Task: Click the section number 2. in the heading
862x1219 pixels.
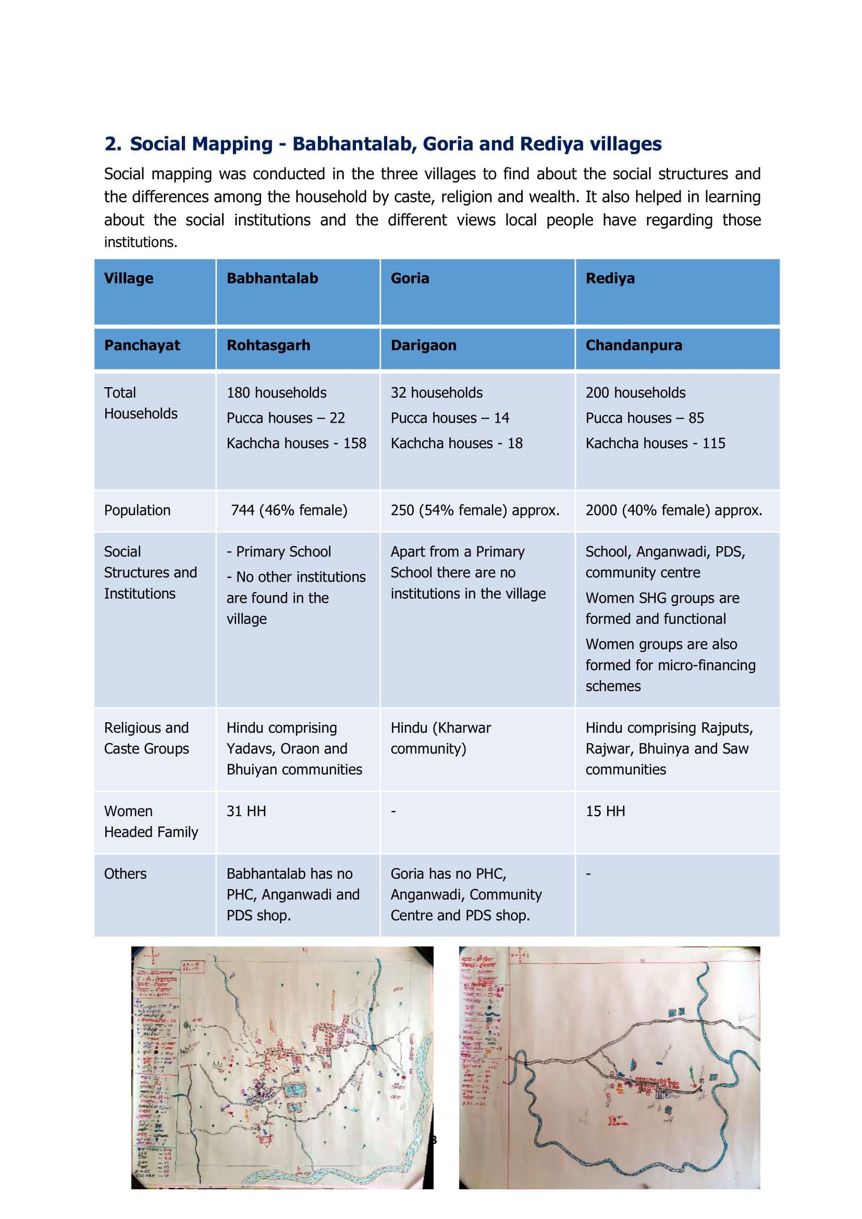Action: (x=113, y=144)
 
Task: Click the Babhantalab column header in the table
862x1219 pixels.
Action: (x=272, y=278)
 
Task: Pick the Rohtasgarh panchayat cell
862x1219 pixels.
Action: (x=268, y=345)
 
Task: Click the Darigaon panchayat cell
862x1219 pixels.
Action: (x=423, y=345)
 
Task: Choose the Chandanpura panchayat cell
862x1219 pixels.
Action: (x=634, y=345)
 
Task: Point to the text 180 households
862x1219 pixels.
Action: (x=277, y=392)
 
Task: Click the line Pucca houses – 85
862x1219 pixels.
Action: (x=644, y=418)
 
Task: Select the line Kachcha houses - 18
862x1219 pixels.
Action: (x=457, y=443)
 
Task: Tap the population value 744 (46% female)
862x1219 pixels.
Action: (x=289, y=510)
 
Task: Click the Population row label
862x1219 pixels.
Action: (x=137, y=510)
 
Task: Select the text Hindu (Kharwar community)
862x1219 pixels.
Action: (x=440, y=738)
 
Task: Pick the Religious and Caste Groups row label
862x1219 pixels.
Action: (x=146, y=738)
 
